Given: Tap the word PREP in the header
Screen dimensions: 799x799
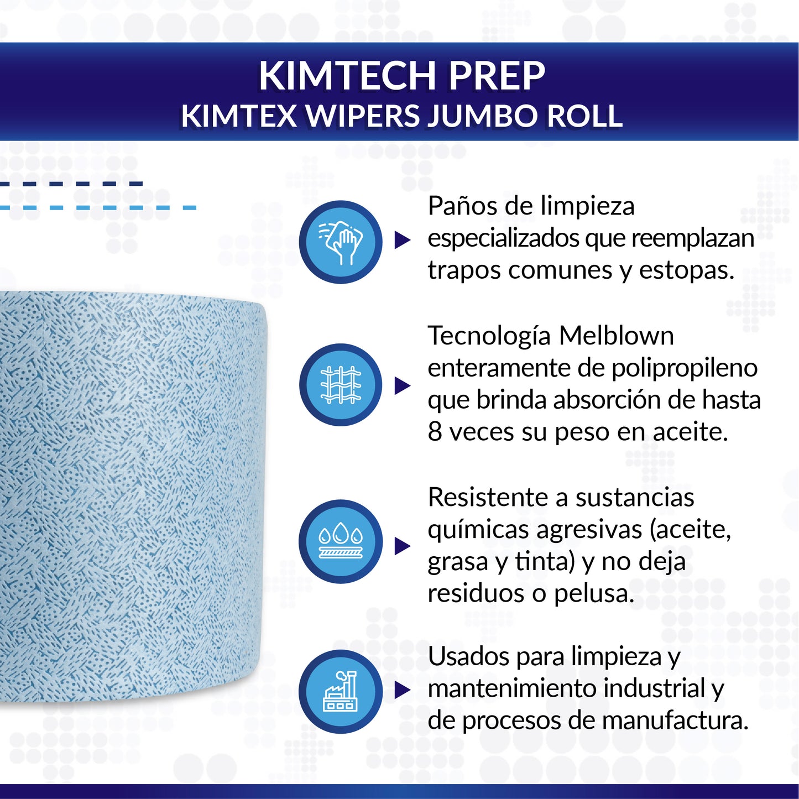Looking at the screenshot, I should [x=497, y=76].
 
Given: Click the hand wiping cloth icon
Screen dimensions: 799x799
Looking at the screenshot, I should [x=341, y=242].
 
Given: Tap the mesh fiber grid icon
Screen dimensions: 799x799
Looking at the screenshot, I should [x=341, y=385].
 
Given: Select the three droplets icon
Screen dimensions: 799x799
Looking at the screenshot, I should [x=341, y=541].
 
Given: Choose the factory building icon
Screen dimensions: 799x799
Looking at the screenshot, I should [x=341, y=691].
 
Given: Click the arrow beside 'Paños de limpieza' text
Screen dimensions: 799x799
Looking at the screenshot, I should [x=402, y=241].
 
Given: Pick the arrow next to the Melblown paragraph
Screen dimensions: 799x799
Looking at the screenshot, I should [x=402, y=386].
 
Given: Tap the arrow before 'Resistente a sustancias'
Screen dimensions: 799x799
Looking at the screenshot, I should [x=402, y=546].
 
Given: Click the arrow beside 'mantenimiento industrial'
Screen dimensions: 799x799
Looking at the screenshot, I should [x=402, y=690].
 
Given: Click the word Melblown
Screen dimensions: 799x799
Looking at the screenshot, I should [x=616, y=336].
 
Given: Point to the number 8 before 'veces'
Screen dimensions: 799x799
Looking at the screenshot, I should [x=435, y=432].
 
